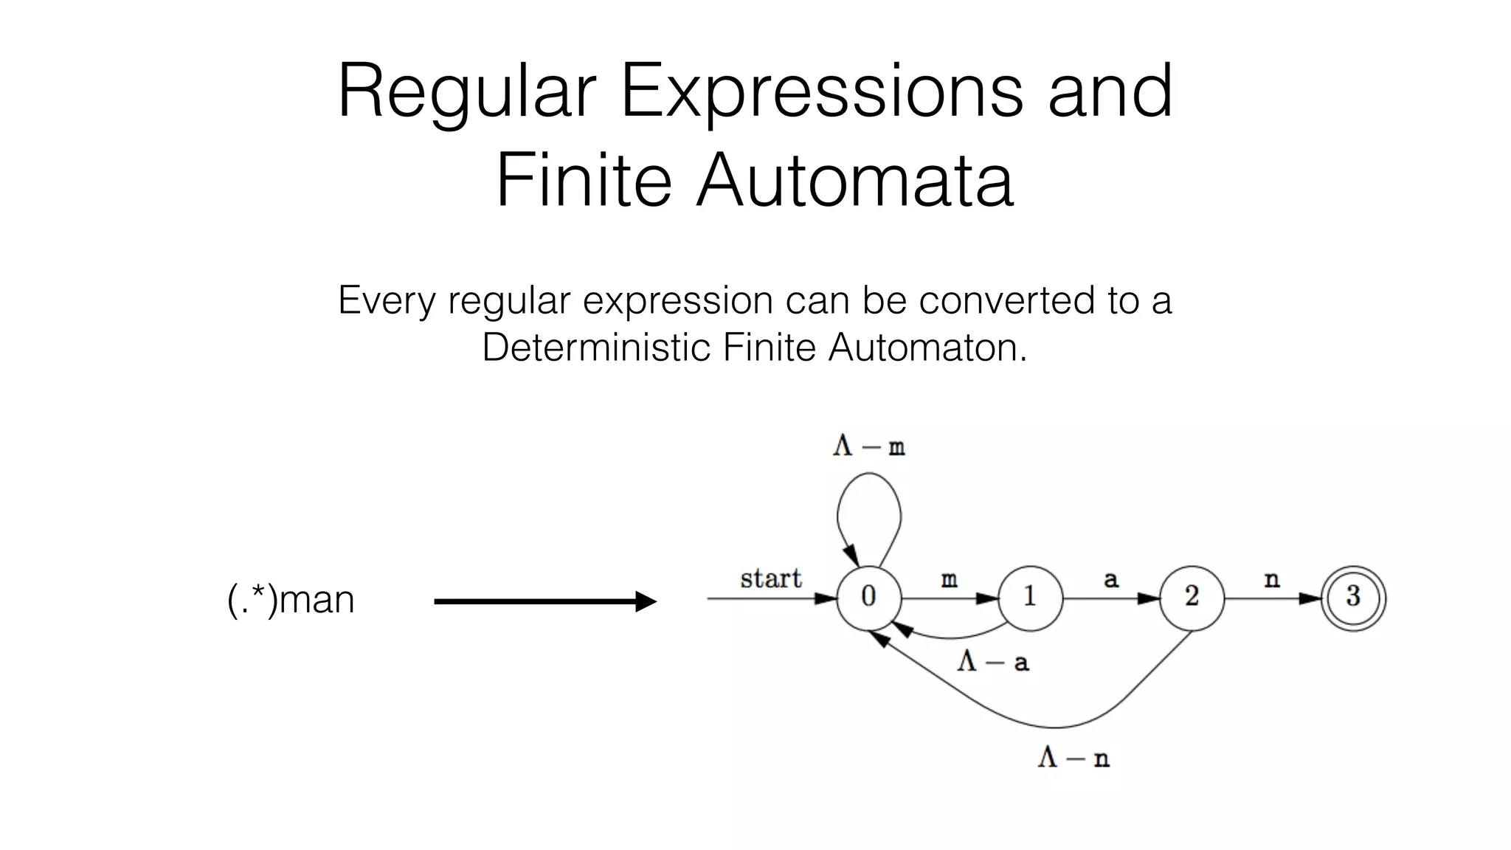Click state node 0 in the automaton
tap(868, 598)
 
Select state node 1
tap(1030, 598)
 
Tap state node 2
tap(1192, 598)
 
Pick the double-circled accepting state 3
tap(1353, 598)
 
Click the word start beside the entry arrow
tap(770, 578)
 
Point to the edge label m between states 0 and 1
tap(949, 580)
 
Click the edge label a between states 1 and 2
tap(1110, 580)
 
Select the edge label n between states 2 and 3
tap(1272, 580)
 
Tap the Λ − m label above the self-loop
tap(868, 446)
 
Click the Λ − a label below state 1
tap(992, 662)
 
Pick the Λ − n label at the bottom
tap(1073, 758)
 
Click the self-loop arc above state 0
tap(869, 477)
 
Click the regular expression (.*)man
tap(291, 599)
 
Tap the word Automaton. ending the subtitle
tap(927, 347)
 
